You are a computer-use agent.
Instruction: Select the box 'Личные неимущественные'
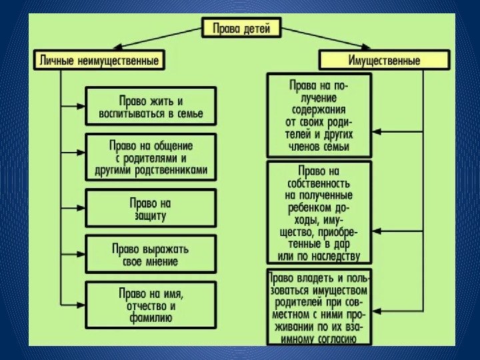[x=98, y=61]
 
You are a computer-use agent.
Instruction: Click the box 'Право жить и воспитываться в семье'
[x=151, y=107]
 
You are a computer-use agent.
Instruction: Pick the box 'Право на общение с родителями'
[x=151, y=157]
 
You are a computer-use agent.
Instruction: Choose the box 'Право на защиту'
[x=151, y=208]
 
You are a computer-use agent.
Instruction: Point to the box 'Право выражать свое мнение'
[x=151, y=254]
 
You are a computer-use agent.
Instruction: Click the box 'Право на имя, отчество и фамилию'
[x=151, y=305]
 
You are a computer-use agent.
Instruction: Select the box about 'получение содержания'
[x=319, y=116]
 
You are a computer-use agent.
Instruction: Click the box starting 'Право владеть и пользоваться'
[x=319, y=307]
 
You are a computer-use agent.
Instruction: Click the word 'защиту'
[x=151, y=215]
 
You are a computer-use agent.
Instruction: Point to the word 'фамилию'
[x=151, y=318]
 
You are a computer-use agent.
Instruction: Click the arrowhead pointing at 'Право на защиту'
[x=83, y=207]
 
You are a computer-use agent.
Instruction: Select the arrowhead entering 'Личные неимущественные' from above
[x=114, y=49]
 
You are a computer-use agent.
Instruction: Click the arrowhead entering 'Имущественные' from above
[x=365, y=48]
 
